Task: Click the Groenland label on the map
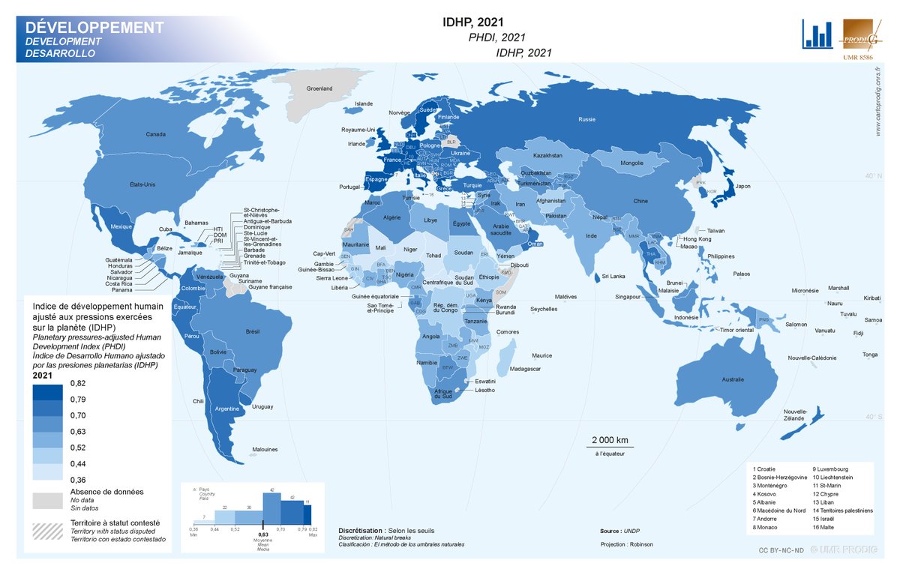pyautogui.click(x=319, y=89)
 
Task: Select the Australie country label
pyautogui.click(x=733, y=379)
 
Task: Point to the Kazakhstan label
pyautogui.click(x=548, y=155)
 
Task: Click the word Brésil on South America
pyautogui.click(x=253, y=331)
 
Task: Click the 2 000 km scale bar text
pyautogui.click(x=610, y=439)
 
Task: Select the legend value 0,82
pyautogui.click(x=77, y=383)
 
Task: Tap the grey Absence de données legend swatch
pyautogui.click(x=46, y=500)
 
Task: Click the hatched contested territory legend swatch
pyautogui.click(x=46, y=529)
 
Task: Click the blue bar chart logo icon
pyautogui.click(x=817, y=34)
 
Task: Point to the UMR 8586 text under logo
pyautogui.click(x=856, y=57)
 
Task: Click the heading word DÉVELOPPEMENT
pyautogui.click(x=94, y=28)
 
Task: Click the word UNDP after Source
pyautogui.click(x=631, y=531)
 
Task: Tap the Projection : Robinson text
pyautogui.click(x=626, y=544)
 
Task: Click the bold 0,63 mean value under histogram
pyautogui.click(x=262, y=535)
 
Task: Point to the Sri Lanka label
pyautogui.click(x=613, y=277)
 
